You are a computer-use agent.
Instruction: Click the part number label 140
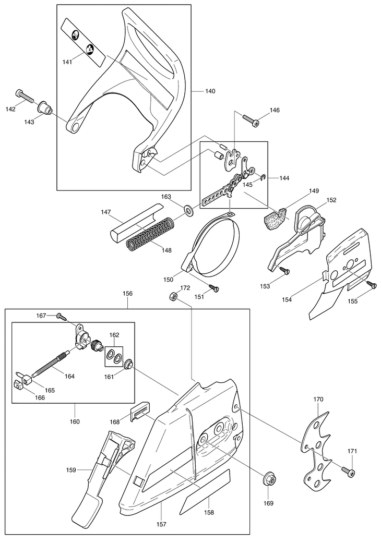pos(210,91)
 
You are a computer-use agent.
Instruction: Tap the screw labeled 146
pos(250,120)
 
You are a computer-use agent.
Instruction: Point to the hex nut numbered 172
pos(173,296)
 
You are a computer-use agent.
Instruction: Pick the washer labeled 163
pos(189,210)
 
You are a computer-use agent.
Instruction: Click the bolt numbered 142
pos(25,96)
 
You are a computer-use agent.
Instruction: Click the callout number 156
pos(127,293)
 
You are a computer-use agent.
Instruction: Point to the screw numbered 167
pos(62,316)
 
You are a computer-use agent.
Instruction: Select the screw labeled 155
pos(372,285)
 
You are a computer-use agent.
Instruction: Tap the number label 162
pos(114,335)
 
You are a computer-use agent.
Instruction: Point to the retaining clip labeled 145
pos(264,178)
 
